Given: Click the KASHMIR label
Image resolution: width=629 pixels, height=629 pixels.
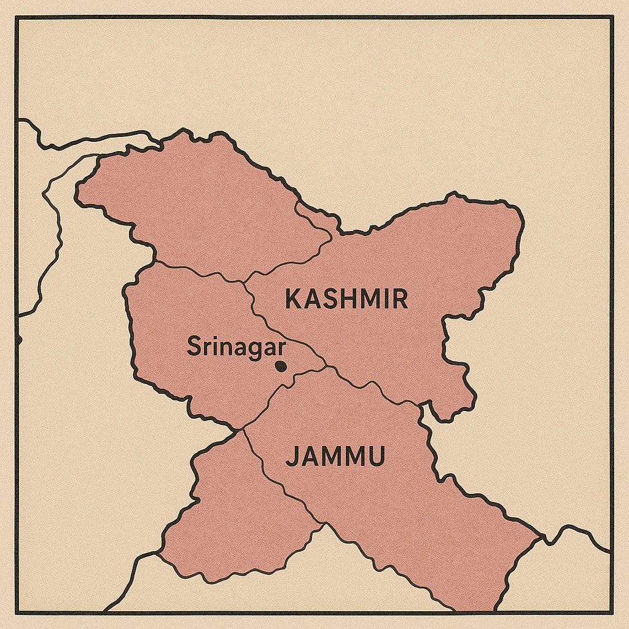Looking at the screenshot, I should (346, 299).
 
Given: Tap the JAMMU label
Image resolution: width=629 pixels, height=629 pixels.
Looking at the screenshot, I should (335, 457).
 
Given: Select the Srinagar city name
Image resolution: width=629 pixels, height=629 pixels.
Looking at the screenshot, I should (236, 347).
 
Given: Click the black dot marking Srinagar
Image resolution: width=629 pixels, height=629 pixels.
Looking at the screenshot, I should (281, 366).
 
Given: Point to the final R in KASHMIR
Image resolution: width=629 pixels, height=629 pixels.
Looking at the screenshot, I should (399, 299).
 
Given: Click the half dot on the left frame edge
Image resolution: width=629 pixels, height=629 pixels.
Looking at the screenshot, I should (18, 339).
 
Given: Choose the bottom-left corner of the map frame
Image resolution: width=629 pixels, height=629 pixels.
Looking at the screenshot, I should (17, 612).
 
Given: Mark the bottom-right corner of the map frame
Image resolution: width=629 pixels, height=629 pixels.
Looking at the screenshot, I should (612, 612).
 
